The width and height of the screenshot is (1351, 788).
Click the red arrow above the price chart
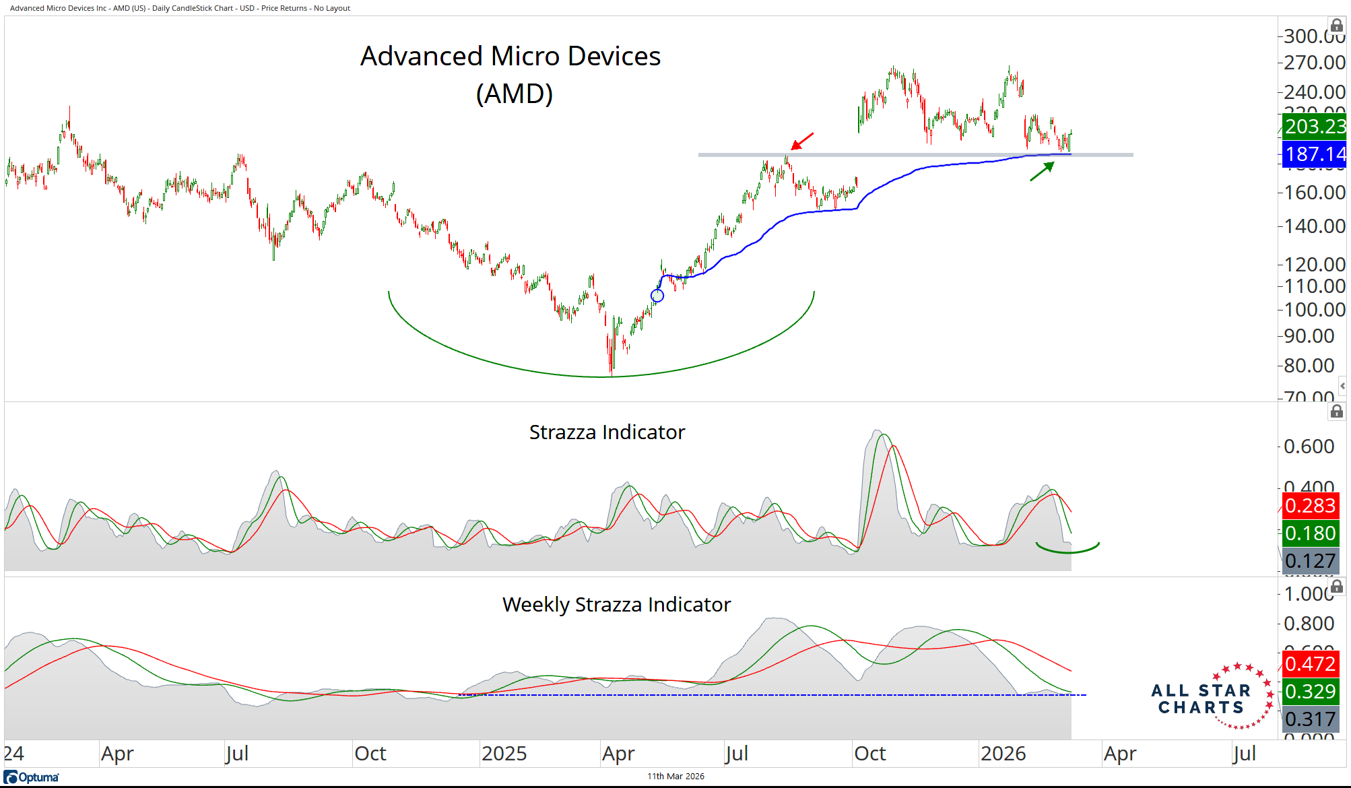click(x=802, y=141)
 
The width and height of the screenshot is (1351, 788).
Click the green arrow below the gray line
click(x=1042, y=171)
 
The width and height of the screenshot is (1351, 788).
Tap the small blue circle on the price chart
click(x=657, y=295)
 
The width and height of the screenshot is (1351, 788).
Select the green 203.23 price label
click(x=1314, y=127)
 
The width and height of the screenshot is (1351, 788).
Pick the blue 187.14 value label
click(x=1314, y=154)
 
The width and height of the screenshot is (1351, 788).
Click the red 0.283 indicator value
click(x=1310, y=506)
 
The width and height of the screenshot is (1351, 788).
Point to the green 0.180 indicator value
click(x=1310, y=533)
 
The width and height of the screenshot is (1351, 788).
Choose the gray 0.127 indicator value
click(x=1310, y=561)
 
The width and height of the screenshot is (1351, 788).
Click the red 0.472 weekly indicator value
click(x=1310, y=664)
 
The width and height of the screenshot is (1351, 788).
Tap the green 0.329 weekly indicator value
click(x=1310, y=692)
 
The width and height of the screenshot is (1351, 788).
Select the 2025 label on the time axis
click(x=504, y=754)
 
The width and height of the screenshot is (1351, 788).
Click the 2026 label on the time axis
click(x=1003, y=754)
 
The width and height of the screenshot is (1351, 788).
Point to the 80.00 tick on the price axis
click(x=1309, y=366)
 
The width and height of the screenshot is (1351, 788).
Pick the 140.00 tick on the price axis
click(x=1314, y=226)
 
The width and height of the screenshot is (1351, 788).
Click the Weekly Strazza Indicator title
click(x=616, y=605)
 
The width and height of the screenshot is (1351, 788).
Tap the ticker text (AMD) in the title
click(x=514, y=94)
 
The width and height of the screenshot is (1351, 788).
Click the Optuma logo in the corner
click(x=32, y=777)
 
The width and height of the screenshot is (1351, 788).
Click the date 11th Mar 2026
click(x=675, y=777)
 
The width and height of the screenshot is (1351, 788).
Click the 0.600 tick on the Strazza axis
click(x=1309, y=447)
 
